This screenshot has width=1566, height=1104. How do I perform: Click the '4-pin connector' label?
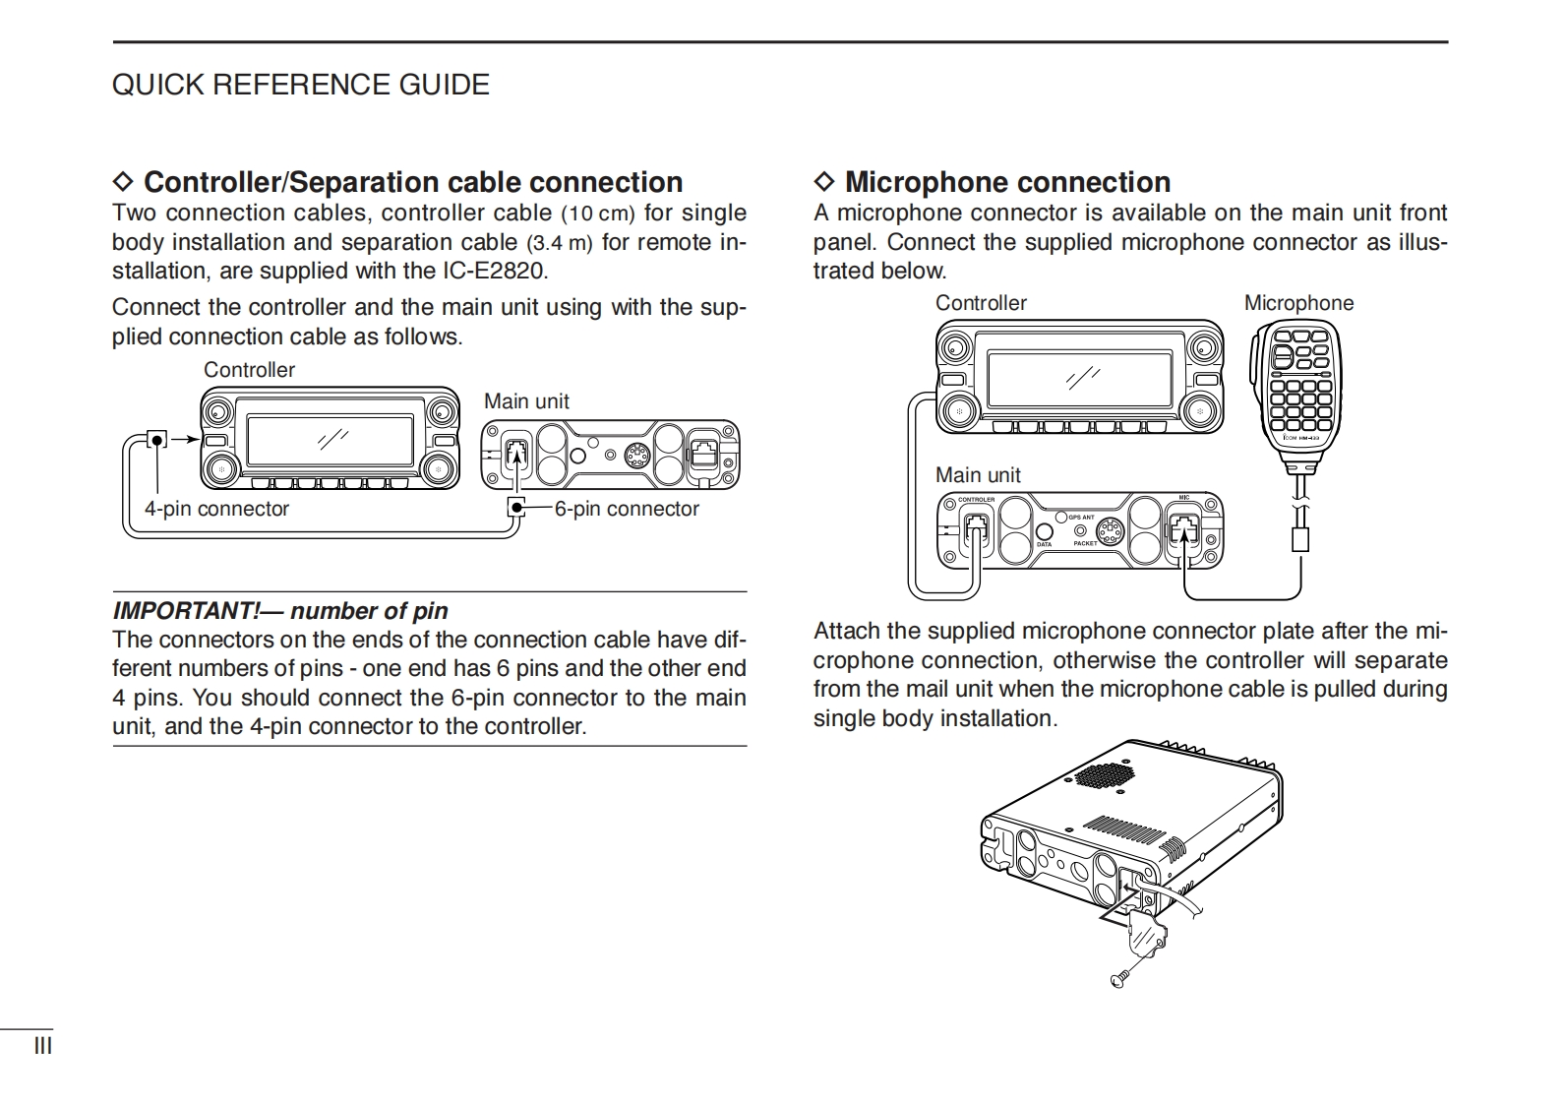216,510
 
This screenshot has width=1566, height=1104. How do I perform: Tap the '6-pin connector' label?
627,510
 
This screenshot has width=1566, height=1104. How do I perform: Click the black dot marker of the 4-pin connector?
156,439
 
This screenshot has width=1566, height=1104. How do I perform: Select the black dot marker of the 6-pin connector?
516,508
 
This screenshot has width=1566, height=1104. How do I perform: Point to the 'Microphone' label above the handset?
1298,303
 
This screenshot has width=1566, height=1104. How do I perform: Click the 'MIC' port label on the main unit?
1184,498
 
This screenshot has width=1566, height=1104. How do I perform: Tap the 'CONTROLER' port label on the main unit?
977,500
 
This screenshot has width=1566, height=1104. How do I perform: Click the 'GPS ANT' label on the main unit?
1081,518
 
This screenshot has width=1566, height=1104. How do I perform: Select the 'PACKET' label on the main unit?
1085,543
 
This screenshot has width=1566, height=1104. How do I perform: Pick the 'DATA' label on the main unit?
1044,544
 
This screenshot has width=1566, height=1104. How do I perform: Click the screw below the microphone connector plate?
1118,978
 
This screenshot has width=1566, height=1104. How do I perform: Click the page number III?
43,1046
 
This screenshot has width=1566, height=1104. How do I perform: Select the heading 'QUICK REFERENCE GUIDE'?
300,85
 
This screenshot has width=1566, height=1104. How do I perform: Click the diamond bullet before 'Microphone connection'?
824,182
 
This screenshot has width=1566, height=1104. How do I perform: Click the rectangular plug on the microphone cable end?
1300,539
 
